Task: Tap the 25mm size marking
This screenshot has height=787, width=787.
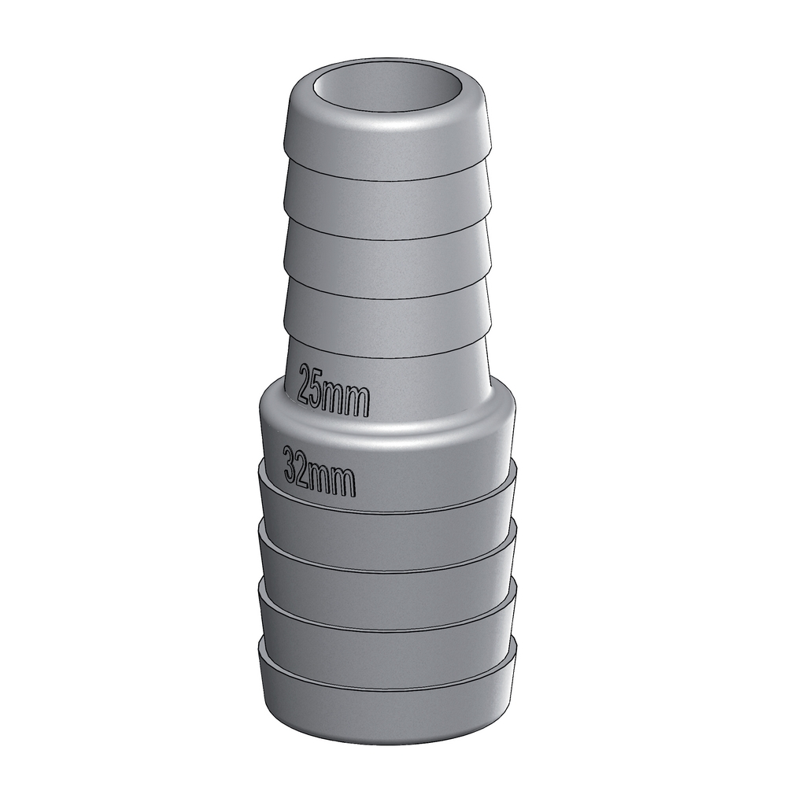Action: [x=334, y=390]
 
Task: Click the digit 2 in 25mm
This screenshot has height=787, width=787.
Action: [x=305, y=383]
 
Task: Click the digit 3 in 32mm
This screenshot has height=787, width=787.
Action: [x=290, y=464]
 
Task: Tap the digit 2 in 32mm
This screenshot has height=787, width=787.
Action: [x=302, y=467]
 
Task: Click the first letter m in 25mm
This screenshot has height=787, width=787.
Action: [x=336, y=398]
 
